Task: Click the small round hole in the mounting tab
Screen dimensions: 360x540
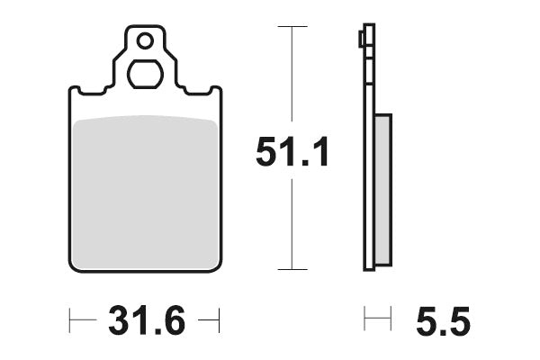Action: coord(144,40)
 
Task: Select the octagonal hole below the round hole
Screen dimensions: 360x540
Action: coord(144,73)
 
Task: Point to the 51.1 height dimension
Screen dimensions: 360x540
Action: coord(292,152)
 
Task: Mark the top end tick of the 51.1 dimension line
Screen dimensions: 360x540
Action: coord(287,27)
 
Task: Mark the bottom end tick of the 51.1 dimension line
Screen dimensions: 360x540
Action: coord(287,269)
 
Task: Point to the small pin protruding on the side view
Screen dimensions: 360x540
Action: coord(361,39)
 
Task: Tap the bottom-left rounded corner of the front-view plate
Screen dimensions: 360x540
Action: coord(74,266)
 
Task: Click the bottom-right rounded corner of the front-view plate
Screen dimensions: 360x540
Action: coord(216,266)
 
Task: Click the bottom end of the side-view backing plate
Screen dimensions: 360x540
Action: coord(368,267)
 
